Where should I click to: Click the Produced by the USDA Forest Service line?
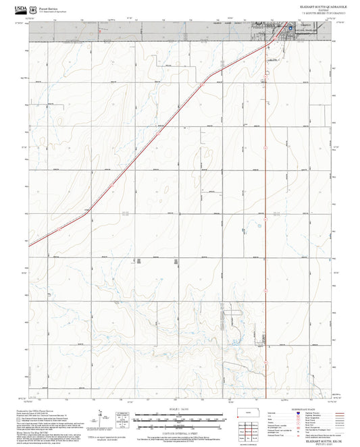[x=34, y=409]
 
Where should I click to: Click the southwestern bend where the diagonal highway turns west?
[x=88, y=213]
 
